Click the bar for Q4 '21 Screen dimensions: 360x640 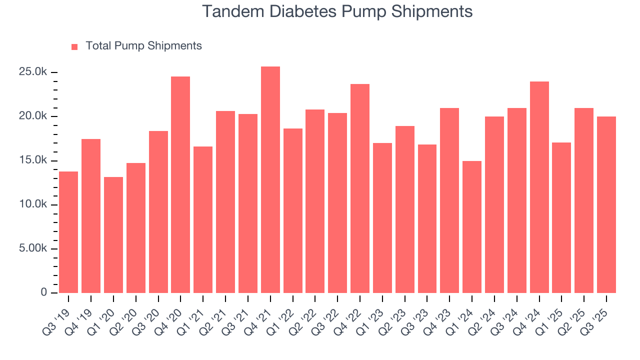click(x=270, y=179)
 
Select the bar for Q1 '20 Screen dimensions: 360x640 click(x=113, y=235)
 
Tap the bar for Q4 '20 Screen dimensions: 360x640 click(x=180, y=184)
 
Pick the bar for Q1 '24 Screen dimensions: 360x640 click(x=472, y=227)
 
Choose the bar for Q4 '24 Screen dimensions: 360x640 click(x=539, y=187)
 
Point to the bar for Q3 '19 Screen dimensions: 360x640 click(x=68, y=232)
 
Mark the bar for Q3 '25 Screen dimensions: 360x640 click(x=606, y=204)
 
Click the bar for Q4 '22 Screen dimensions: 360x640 click(x=360, y=188)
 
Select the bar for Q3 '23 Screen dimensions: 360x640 click(x=427, y=218)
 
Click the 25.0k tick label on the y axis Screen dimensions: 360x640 click(x=33, y=72)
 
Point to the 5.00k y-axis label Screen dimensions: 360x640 click(x=31, y=248)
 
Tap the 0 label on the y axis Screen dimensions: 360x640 click(x=43, y=292)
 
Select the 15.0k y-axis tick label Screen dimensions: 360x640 click(x=33, y=160)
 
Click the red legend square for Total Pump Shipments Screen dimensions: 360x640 click(x=74, y=46)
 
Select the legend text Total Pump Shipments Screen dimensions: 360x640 click(x=143, y=46)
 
